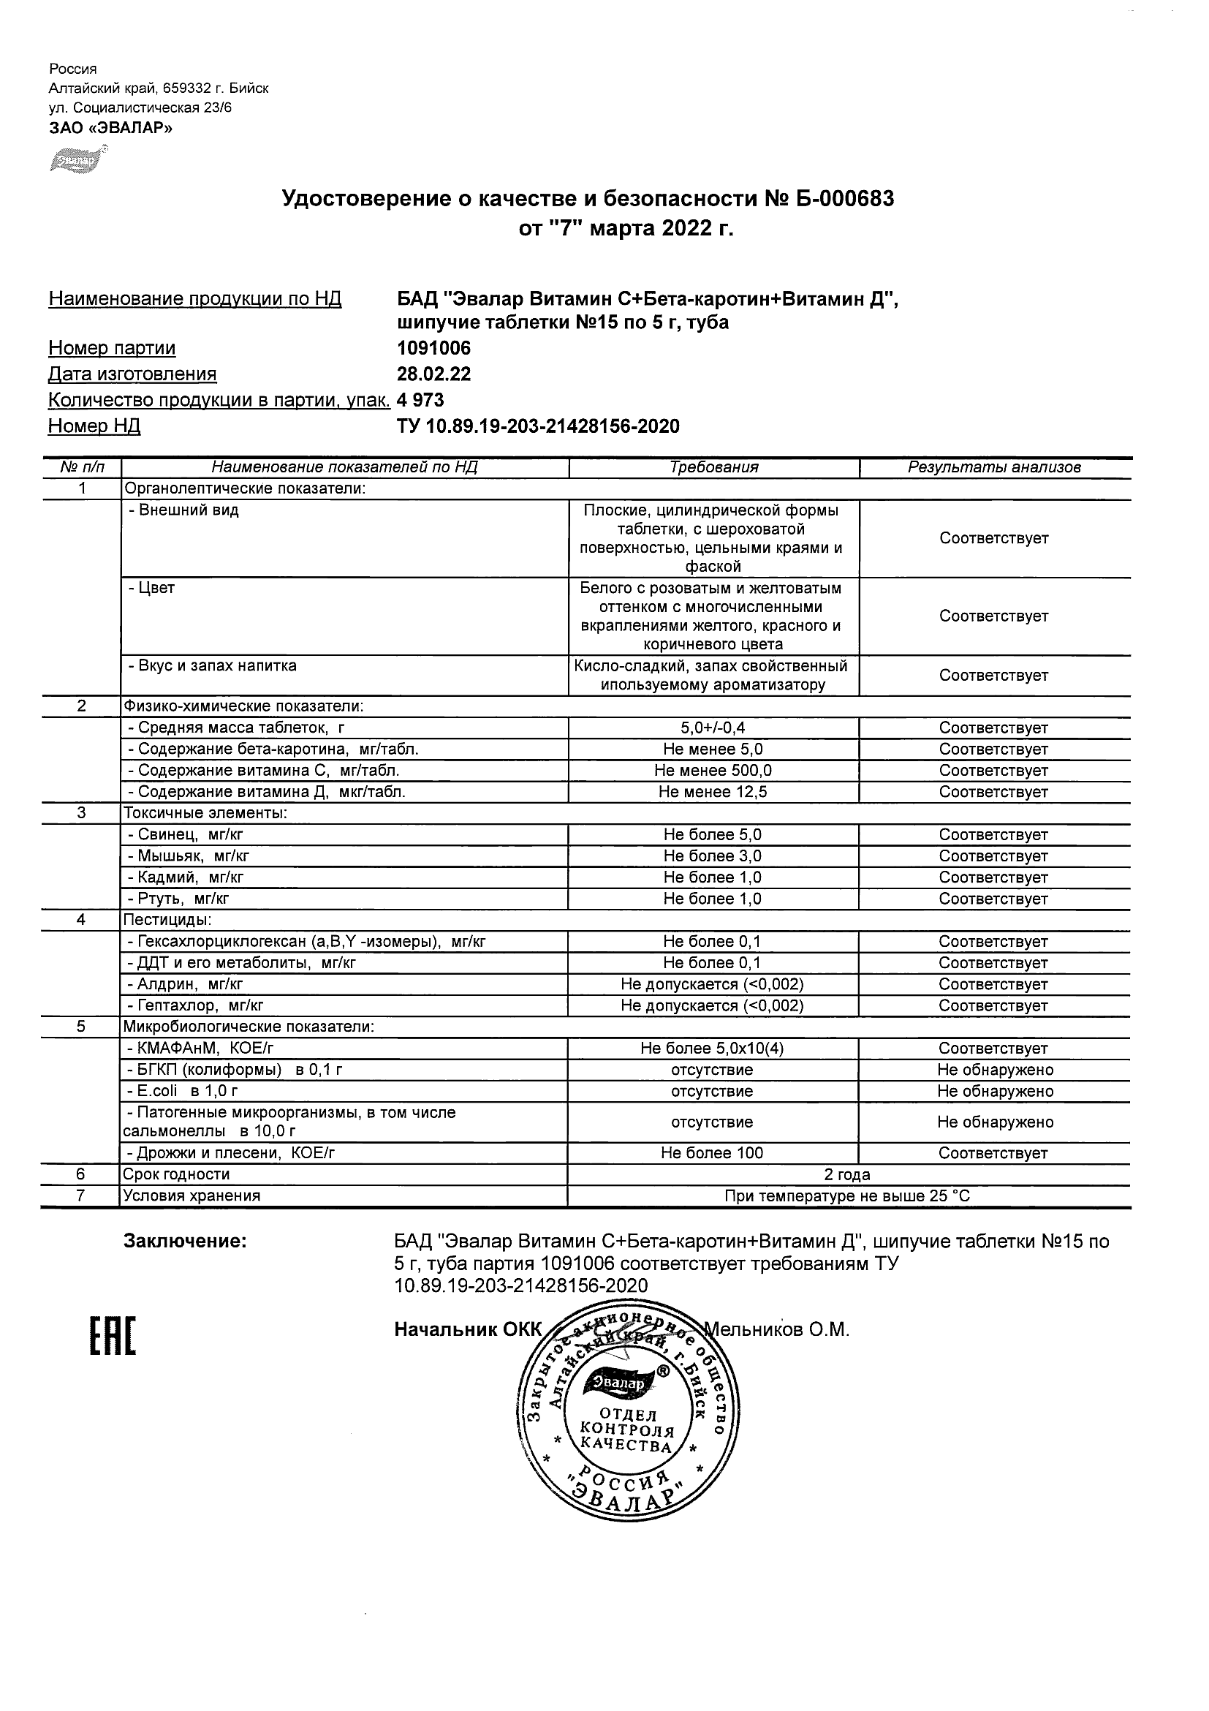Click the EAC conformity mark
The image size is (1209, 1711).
[x=113, y=1336]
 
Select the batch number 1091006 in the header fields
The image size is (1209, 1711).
[x=433, y=348]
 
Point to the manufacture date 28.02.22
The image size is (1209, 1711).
[x=433, y=374]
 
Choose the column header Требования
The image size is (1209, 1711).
[x=713, y=467]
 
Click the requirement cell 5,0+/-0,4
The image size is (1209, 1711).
[x=713, y=728]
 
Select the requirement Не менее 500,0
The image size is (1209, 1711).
[x=713, y=771]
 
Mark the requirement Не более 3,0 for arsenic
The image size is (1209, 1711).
[x=713, y=856]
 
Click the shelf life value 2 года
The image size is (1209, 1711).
[x=847, y=1174]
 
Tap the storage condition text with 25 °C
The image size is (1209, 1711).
[x=847, y=1196]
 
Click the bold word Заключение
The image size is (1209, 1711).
[x=185, y=1241]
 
